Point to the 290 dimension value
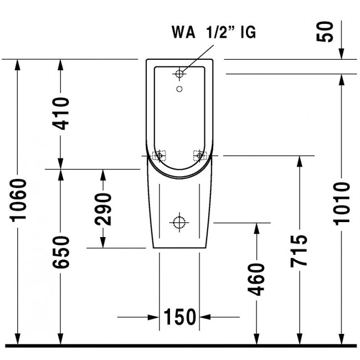103,209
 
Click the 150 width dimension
179,317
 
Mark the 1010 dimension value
342,202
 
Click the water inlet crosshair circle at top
179,73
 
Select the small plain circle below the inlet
179,88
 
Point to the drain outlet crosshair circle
179,223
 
